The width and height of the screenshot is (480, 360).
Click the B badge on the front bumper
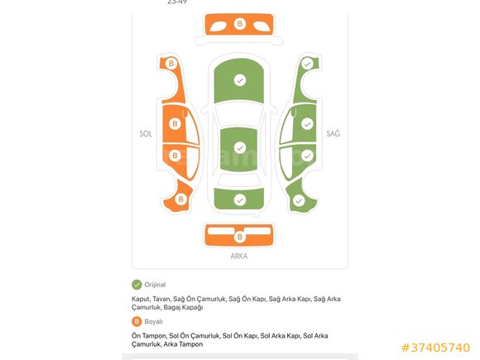pos(240,23)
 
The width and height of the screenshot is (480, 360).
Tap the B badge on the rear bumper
pos(240,237)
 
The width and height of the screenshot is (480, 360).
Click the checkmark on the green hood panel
pos(240,80)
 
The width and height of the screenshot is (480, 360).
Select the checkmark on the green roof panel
pos(240,148)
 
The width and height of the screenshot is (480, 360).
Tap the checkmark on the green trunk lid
pos(240,200)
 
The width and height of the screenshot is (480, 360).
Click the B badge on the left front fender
pos(171,64)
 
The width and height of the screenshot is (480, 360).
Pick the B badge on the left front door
pos(175,123)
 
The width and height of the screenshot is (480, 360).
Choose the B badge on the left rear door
pos(175,156)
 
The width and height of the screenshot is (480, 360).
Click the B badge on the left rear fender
pos(180,199)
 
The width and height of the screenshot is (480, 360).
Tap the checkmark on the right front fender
pos(307,64)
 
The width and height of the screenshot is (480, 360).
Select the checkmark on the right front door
pos(307,124)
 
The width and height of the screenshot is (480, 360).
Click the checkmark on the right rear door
pos(307,156)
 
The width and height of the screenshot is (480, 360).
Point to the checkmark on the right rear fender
pos(299,201)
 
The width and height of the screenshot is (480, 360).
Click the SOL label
pos(146,134)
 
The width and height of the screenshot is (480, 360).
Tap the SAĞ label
pos(333,133)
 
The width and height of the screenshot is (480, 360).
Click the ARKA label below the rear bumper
pos(239,257)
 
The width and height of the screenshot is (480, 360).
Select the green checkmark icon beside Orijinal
pos(137,285)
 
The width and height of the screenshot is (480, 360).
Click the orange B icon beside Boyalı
pos(137,322)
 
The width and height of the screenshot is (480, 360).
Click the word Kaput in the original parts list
pos(141,299)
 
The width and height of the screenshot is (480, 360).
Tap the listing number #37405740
pos(435,348)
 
